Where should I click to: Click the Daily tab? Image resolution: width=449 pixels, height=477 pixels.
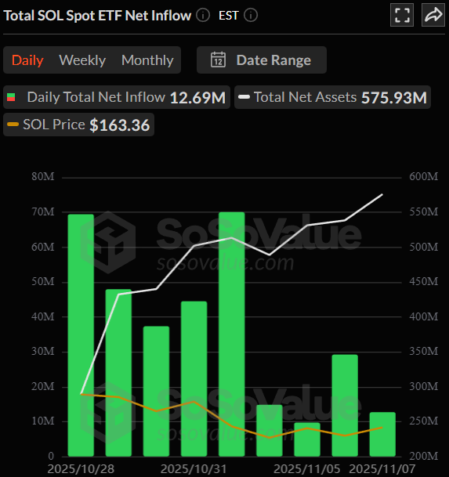tap(27, 60)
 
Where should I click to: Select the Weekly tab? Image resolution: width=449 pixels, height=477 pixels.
tap(82, 60)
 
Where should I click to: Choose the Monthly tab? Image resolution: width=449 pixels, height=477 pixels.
tap(147, 60)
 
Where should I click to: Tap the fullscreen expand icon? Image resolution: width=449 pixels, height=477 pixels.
tap(403, 15)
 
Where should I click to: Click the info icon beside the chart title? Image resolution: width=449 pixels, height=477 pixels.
tap(204, 15)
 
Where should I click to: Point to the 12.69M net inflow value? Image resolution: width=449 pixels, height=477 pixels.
tap(197, 98)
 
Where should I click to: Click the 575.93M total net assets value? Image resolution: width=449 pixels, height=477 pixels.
tap(394, 98)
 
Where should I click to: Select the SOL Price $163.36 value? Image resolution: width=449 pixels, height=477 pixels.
tap(119, 125)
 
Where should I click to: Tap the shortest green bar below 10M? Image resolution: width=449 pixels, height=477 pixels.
tap(307, 439)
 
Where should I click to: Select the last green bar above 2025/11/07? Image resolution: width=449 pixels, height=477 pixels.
tap(382, 434)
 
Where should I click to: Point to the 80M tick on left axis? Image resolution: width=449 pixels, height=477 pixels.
tap(42, 177)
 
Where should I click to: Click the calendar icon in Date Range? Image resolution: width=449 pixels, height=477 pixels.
tap(219, 60)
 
